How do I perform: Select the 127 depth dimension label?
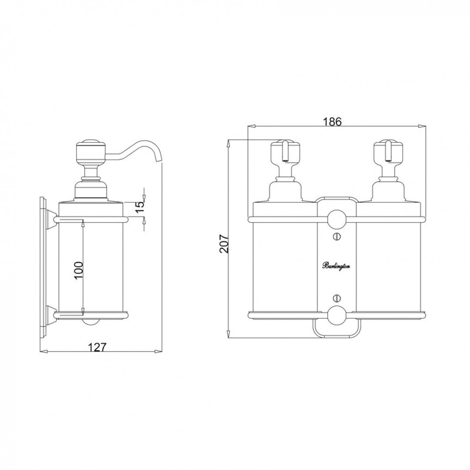coord(97,347)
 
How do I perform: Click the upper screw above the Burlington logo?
coord(336,237)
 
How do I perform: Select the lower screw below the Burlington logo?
coord(336,299)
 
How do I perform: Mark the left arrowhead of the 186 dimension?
coord(250,127)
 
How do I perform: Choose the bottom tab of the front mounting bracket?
coord(336,331)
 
